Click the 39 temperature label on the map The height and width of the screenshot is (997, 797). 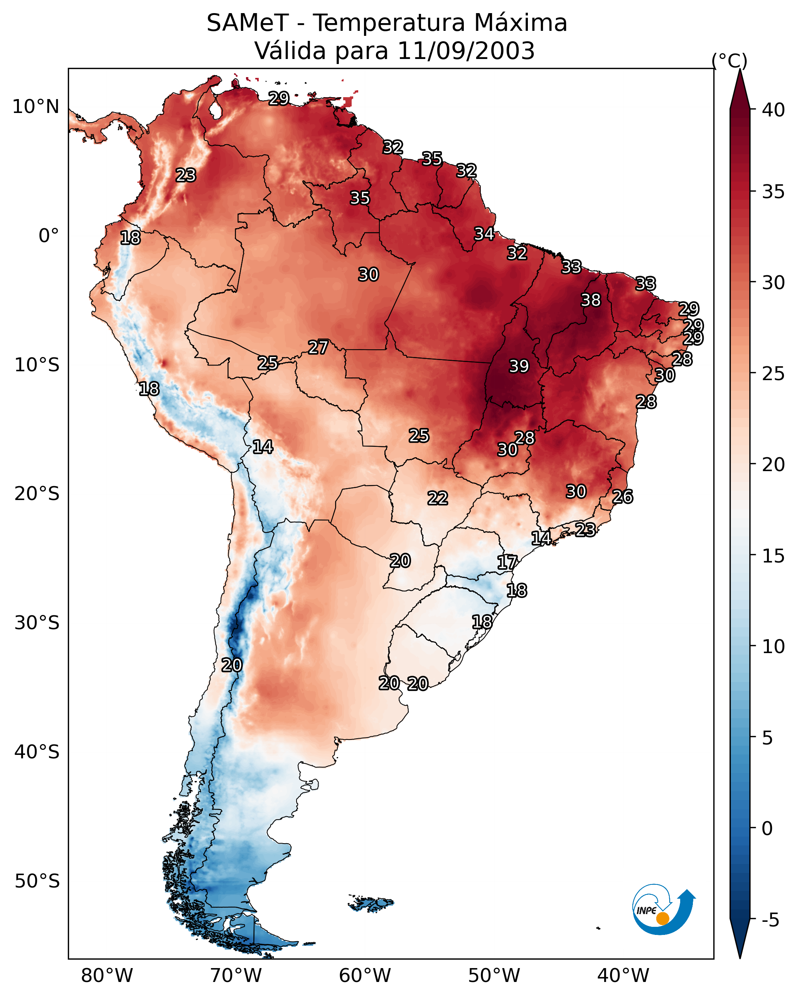click(x=519, y=366)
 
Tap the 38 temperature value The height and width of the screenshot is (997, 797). click(x=591, y=300)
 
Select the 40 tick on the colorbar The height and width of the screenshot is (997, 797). click(x=773, y=110)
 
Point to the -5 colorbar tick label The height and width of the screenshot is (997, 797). click(x=771, y=920)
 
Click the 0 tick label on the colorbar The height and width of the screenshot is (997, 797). click(x=767, y=828)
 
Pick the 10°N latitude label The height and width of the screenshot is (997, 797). click(x=35, y=107)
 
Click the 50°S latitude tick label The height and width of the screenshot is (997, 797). click(x=37, y=881)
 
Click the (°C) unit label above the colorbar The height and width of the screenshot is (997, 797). click(x=729, y=61)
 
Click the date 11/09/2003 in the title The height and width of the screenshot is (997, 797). click(x=466, y=51)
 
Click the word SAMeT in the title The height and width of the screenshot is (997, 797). click(x=248, y=23)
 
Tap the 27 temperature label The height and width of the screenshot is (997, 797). click(x=318, y=347)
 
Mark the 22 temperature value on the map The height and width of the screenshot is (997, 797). click(x=438, y=498)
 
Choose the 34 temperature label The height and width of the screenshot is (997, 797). click(x=484, y=234)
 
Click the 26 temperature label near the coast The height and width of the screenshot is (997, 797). click(x=623, y=497)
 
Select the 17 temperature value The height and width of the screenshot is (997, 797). click(x=507, y=562)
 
